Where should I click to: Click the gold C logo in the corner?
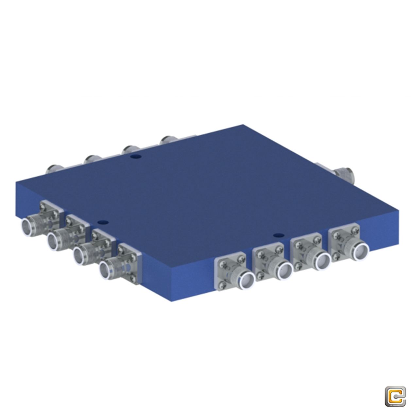point(395,397)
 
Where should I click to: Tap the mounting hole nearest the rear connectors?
point(134,157)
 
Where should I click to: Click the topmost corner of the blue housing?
point(243,125)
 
